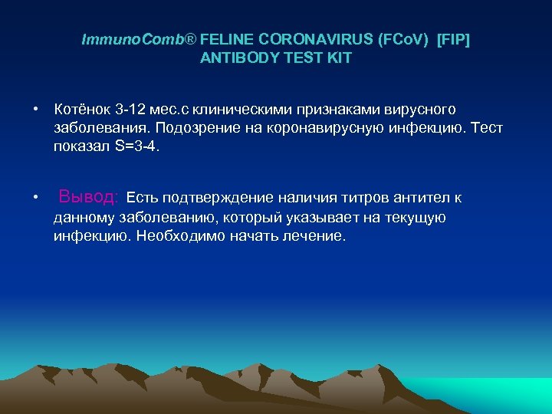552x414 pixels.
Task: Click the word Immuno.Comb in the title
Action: (x=133, y=40)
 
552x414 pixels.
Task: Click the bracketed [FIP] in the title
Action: (x=453, y=40)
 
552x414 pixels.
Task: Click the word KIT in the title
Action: (x=338, y=58)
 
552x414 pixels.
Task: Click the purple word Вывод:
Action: (x=89, y=197)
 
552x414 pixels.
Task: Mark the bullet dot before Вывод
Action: (x=36, y=199)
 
